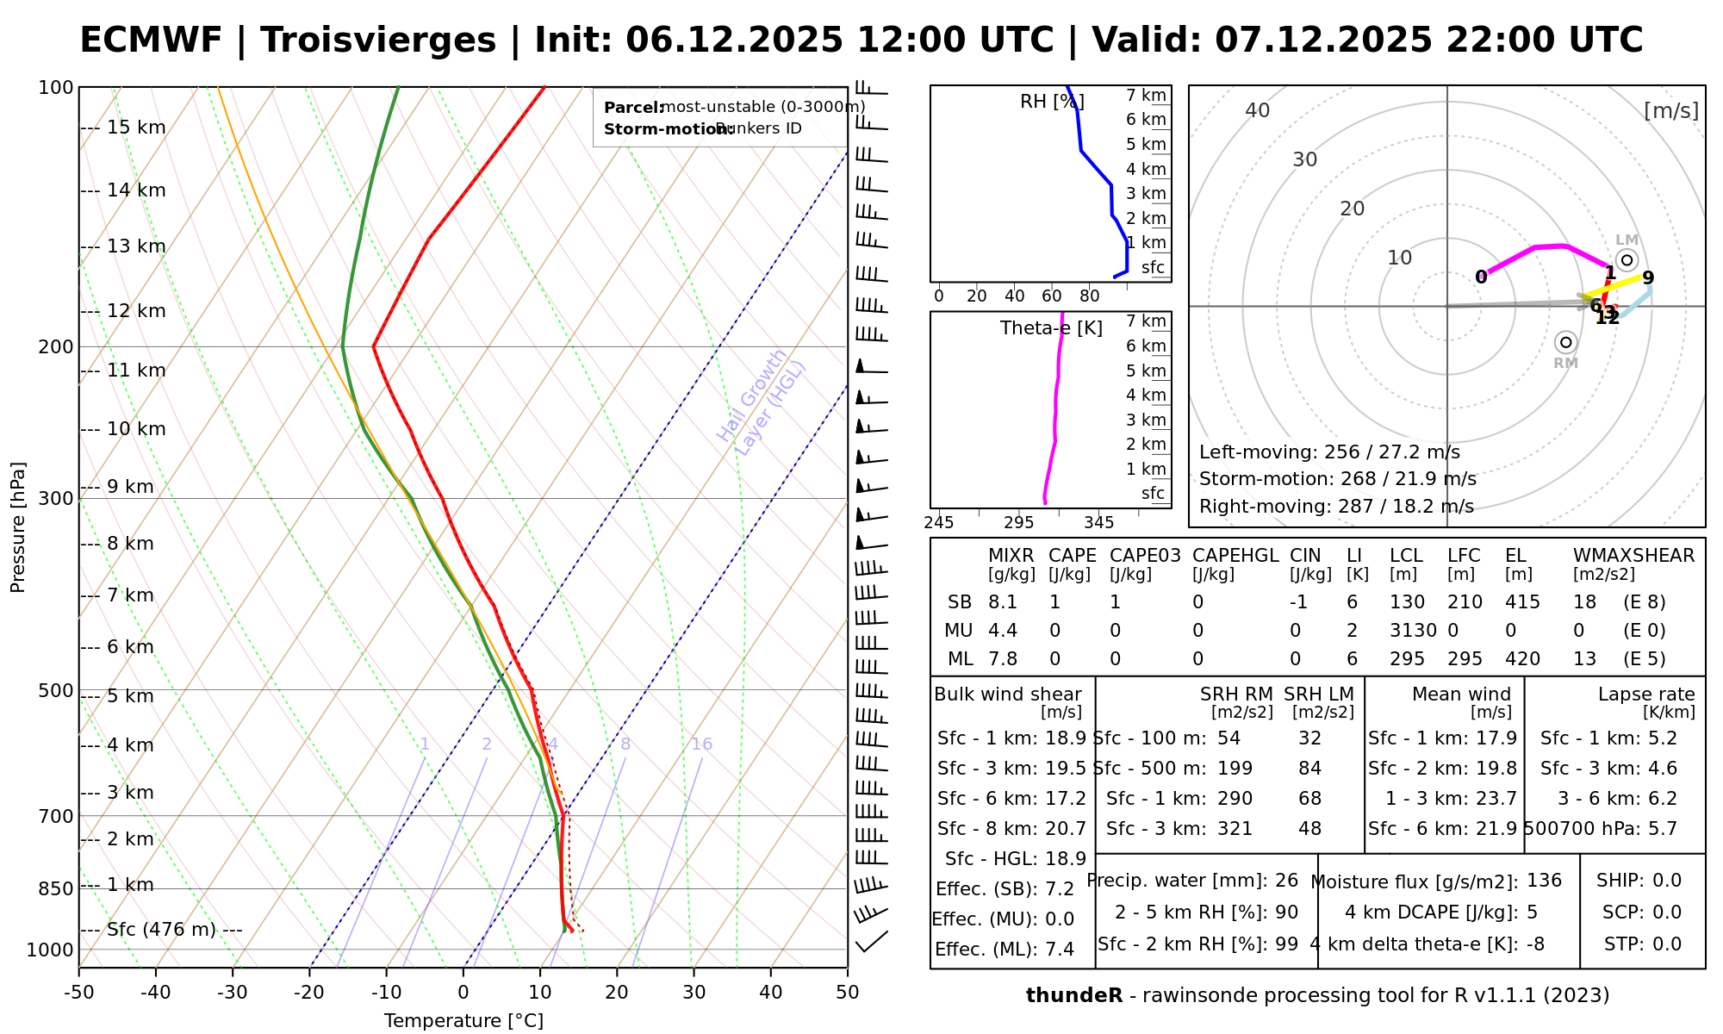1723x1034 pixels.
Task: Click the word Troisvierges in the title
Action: coord(378,40)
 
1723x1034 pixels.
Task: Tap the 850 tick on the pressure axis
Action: coord(57,888)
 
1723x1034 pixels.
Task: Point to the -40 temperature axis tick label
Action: coord(156,993)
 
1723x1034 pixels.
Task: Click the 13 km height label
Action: coord(136,246)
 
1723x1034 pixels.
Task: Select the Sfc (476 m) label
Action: coord(174,930)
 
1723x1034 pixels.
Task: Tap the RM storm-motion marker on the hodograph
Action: coord(1565,342)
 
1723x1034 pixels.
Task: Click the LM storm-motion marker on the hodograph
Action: coord(1627,259)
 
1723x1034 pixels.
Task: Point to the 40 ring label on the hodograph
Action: coord(1258,110)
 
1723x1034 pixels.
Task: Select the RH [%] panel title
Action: coord(1051,102)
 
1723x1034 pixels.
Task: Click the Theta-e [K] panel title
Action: coord(1051,328)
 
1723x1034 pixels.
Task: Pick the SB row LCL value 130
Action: coord(1407,602)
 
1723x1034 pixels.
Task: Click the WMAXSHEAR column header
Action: coord(1633,556)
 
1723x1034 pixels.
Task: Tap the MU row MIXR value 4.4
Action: coord(1003,631)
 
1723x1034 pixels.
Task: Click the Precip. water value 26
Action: coord(1286,881)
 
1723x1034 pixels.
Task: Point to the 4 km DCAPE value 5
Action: coord(1532,913)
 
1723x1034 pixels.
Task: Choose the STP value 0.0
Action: coord(1667,944)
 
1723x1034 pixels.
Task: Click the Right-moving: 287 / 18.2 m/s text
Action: coord(1336,507)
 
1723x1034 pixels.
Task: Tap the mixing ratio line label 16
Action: coord(702,744)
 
